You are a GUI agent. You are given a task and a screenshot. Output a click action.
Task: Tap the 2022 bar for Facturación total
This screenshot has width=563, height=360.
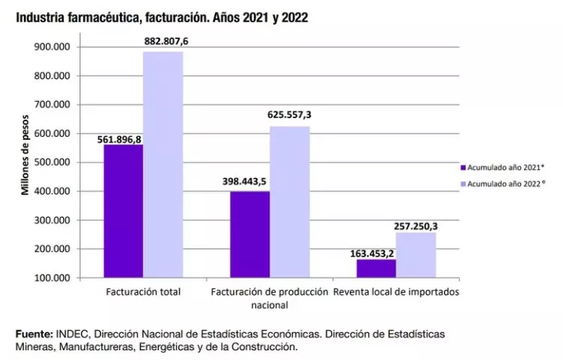click(163, 165)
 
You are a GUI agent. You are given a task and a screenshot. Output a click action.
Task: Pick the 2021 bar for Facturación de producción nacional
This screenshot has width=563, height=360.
click(249, 234)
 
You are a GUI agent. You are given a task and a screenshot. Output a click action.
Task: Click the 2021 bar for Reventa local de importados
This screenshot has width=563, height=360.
click(376, 268)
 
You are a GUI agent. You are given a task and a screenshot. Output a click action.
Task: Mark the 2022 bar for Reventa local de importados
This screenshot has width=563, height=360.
click(416, 254)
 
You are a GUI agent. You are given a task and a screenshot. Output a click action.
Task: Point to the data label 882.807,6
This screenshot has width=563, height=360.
click(165, 41)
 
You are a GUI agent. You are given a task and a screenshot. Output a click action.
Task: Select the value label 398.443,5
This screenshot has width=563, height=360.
click(247, 182)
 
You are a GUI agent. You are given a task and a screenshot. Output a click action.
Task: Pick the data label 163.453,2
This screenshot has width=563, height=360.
click(372, 253)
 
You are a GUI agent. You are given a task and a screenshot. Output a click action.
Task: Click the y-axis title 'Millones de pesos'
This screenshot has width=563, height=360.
click(25, 155)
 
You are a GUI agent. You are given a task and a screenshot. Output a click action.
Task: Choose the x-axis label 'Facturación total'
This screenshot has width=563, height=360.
click(144, 291)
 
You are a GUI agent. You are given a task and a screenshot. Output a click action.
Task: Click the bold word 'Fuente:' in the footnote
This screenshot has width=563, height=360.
click(34, 333)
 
